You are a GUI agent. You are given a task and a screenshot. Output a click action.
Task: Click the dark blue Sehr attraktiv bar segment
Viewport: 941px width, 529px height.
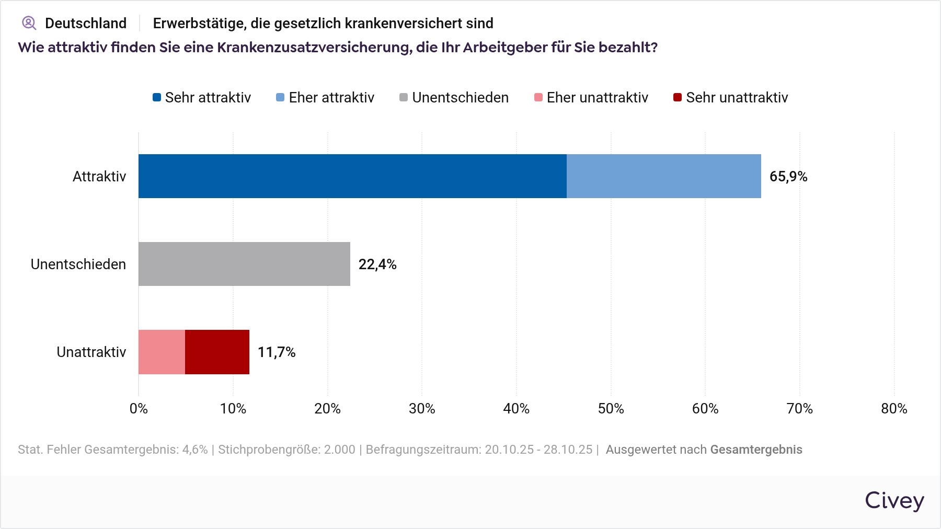point(352,176)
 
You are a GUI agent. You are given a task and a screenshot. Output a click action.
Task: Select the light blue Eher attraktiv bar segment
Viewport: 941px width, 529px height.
point(663,176)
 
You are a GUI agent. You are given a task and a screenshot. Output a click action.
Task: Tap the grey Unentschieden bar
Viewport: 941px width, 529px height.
point(244,264)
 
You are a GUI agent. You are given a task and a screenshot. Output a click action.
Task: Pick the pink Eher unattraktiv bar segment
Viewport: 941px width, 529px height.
point(162,352)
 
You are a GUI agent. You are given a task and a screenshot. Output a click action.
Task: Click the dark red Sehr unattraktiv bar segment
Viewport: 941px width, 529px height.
point(217,352)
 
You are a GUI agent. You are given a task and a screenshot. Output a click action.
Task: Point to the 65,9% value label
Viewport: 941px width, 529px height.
point(788,177)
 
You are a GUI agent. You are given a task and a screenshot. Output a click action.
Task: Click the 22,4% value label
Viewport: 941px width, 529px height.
point(377,264)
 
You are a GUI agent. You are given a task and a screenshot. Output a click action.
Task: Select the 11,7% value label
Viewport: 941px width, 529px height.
point(276,352)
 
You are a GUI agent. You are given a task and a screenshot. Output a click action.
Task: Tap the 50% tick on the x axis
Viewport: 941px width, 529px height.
point(611,409)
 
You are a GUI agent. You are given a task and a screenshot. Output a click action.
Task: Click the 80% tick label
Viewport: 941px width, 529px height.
point(894,409)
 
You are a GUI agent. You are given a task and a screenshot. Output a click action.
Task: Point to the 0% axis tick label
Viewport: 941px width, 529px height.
point(139,409)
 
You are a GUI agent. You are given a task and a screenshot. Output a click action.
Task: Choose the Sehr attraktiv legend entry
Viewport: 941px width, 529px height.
point(202,98)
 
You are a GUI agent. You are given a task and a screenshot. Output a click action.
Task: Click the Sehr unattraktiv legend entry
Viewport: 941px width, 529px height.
point(730,98)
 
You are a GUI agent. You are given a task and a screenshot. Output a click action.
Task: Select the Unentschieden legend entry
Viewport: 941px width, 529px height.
point(454,98)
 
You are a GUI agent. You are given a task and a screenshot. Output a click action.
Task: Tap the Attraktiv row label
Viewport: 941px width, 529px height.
point(99,177)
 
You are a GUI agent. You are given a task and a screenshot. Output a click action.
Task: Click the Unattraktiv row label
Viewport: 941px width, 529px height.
point(91,352)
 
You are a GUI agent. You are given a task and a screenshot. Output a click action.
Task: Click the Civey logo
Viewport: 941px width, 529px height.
point(894,500)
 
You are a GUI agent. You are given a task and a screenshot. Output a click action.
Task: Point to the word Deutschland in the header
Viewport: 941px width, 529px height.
point(86,24)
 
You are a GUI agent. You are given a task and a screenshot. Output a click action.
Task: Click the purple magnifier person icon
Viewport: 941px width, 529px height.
point(29,23)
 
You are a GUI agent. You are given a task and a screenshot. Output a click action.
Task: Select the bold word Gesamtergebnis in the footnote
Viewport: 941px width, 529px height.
point(756,450)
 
